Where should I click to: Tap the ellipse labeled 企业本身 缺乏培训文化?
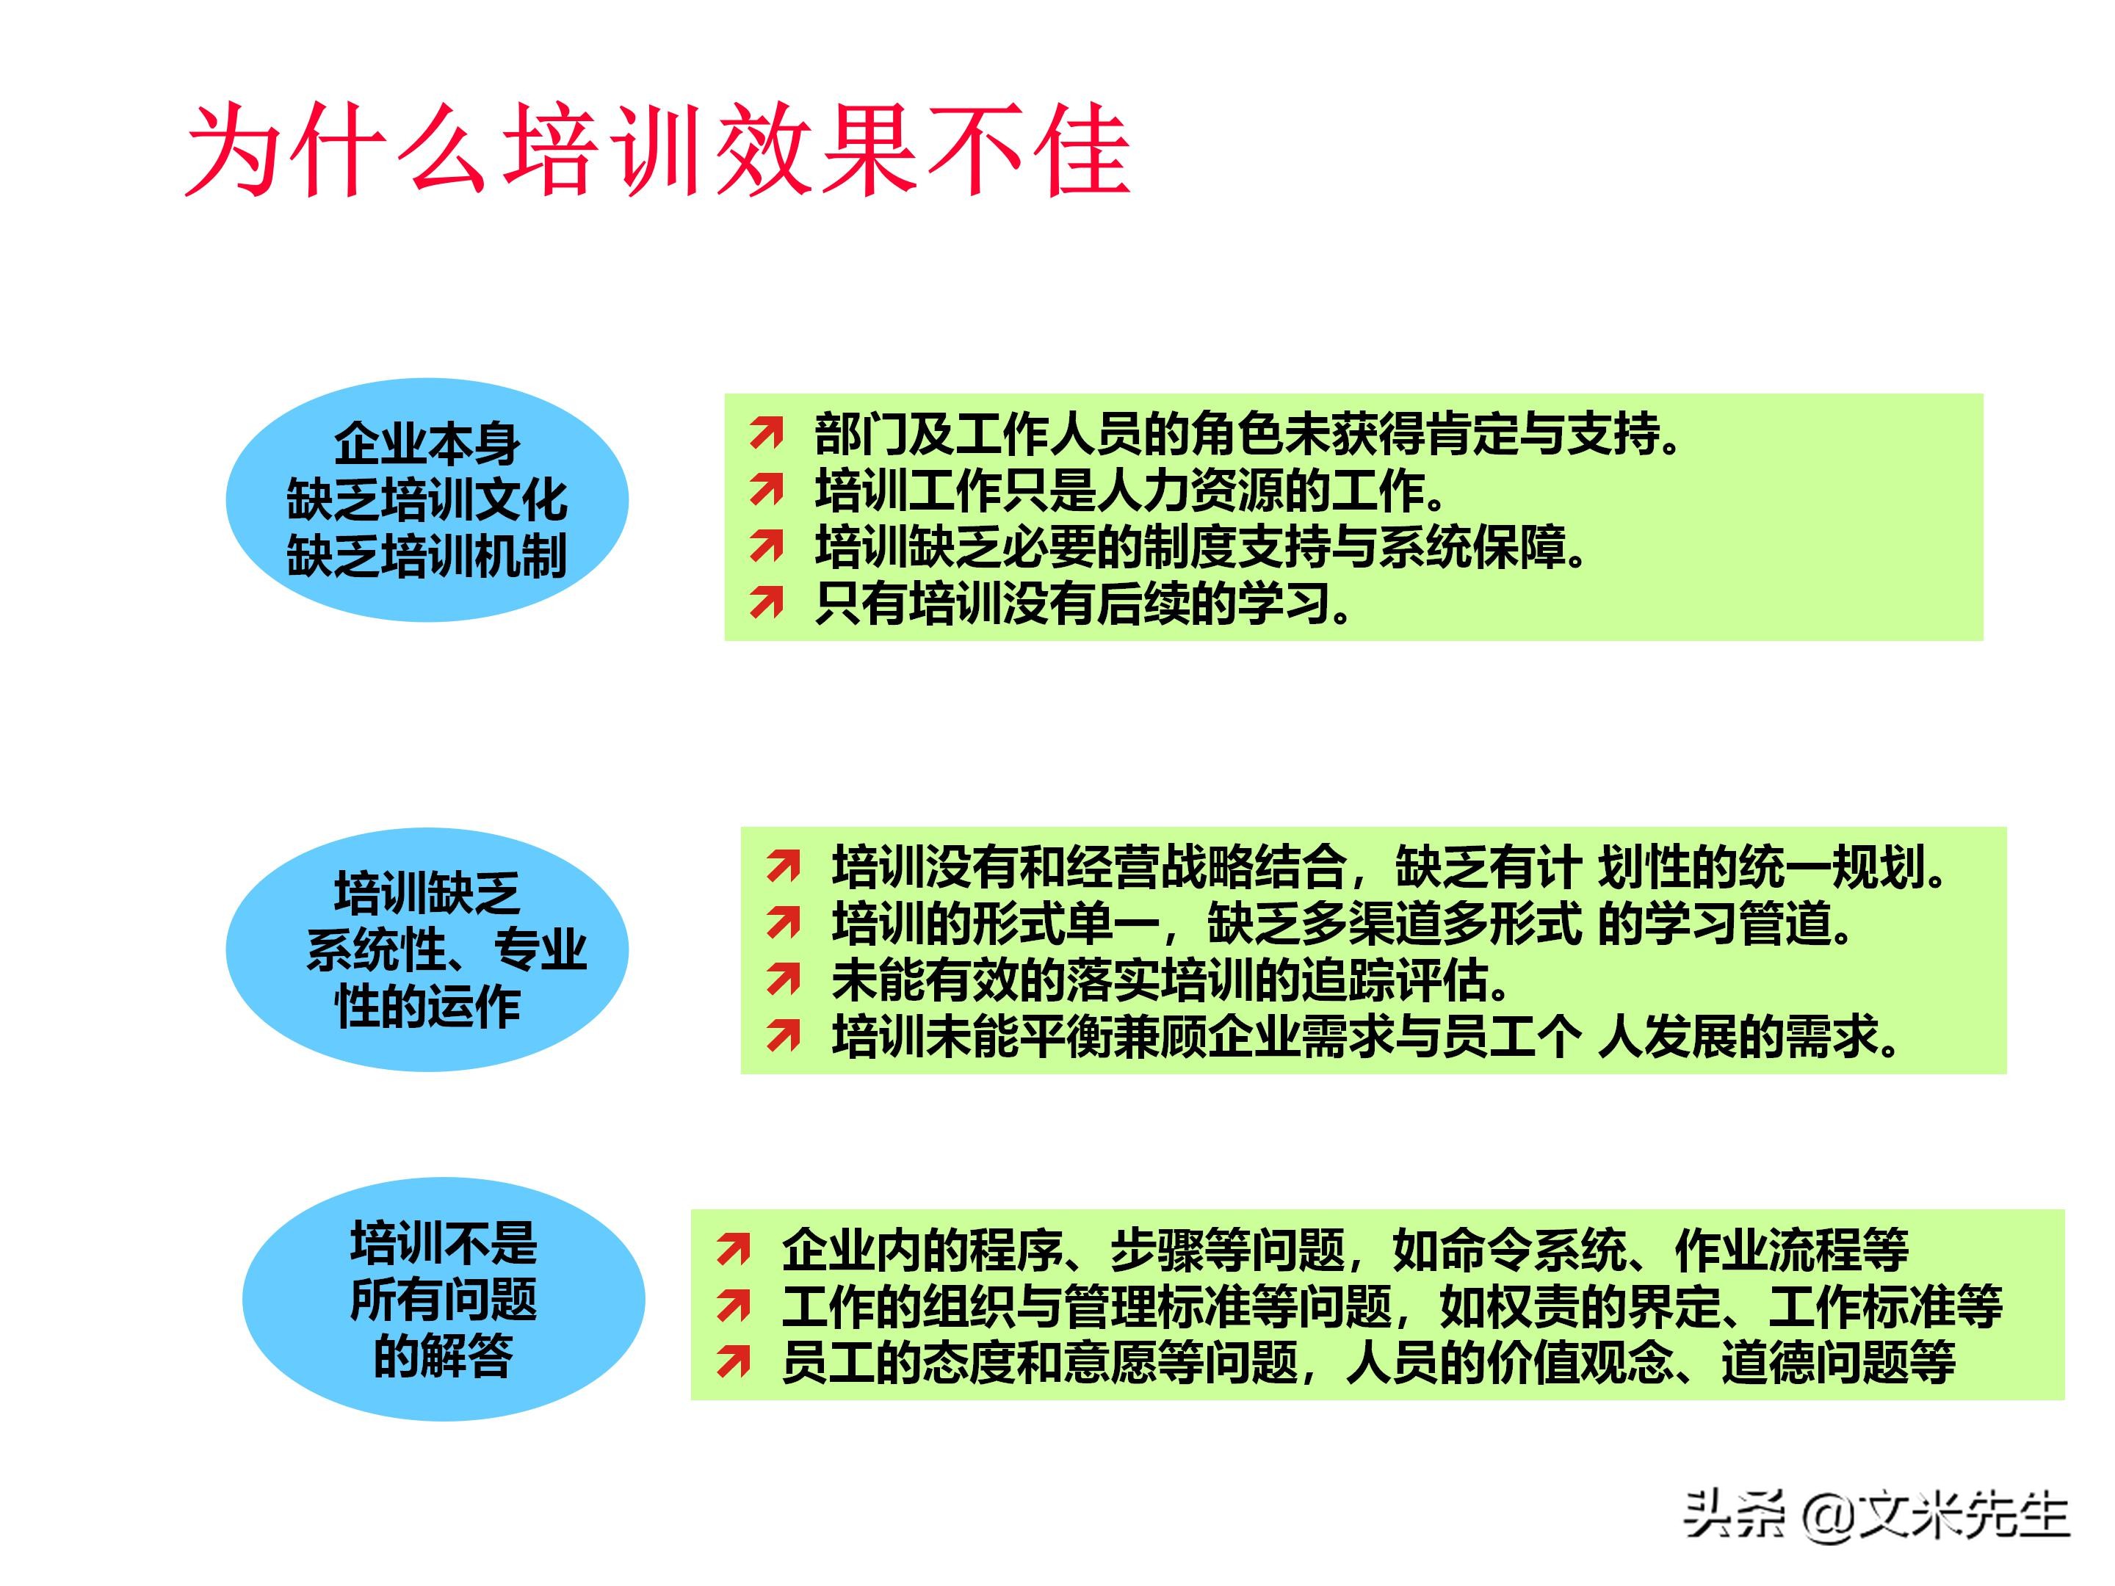pos(427,500)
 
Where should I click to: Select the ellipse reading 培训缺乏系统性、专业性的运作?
pos(427,949)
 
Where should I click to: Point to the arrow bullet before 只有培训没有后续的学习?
pos(766,604)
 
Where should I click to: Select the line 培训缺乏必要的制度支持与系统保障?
pos(1200,548)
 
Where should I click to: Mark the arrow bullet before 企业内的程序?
pos(734,1250)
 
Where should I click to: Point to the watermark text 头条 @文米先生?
pos(1876,1516)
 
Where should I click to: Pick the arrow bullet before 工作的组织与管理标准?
pos(734,1307)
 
